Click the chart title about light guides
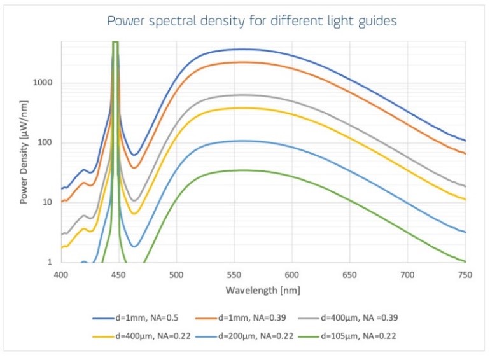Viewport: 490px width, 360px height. (x=251, y=21)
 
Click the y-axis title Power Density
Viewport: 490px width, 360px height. (x=24, y=151)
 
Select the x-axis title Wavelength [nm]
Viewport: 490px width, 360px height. (x=262, y=291)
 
